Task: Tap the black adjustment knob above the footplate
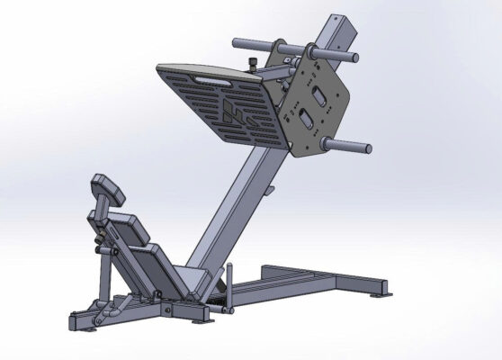[254, 62]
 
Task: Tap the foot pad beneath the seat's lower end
[200, 319]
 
